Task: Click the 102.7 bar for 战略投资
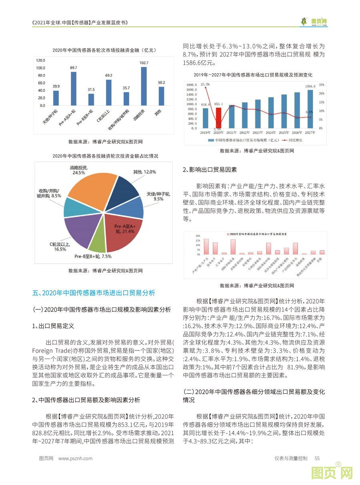(x=144, y=86)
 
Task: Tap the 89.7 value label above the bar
(x=74, y=68)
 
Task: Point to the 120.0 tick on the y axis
(x=41, y=60)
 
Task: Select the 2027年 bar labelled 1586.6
(x=310, y=109)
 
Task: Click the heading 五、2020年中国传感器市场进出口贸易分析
(x=94, y=293)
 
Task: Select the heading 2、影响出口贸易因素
(x=210, y=170)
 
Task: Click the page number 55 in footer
(x=317, y=459)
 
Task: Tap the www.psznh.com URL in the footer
(x=75, y=459)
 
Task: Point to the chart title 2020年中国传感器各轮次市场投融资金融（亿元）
(x=104, y=50)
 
